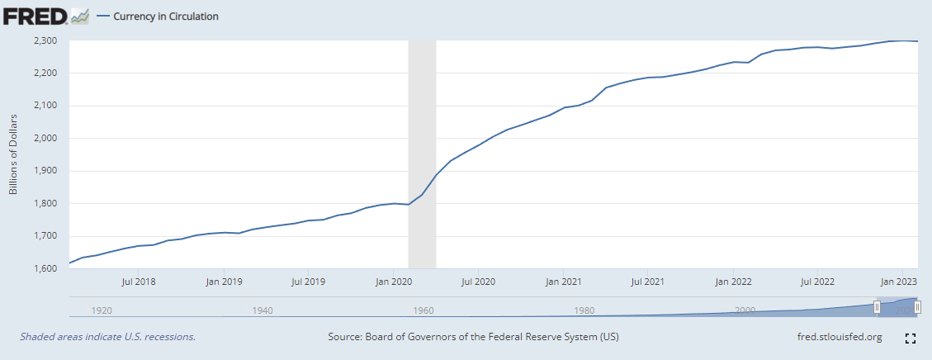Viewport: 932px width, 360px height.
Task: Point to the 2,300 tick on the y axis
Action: pos(45,40)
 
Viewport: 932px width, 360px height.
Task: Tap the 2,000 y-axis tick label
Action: pos(45,138)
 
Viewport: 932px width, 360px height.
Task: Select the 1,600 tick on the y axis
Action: pos(45,268)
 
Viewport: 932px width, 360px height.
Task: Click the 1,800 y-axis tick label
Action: pos(45,203)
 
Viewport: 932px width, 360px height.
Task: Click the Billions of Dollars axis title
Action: pos(13,154)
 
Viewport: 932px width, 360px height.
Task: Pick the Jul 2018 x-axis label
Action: pos(139,282)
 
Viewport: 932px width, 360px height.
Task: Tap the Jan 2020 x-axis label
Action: pos(394,282)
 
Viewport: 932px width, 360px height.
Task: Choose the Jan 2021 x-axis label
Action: pos(564,282)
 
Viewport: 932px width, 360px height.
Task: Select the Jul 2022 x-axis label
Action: pos(819,282)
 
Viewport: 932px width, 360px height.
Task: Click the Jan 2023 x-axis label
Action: pos(901,282)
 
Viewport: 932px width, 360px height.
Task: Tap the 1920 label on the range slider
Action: pos(102,310)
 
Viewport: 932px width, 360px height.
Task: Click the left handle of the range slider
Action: pos(878,307)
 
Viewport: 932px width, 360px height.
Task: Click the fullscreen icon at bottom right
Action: pos(911,338)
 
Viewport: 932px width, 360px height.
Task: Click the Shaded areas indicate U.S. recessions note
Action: pos(107,337)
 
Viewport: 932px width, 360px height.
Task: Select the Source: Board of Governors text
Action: pos(473,337)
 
